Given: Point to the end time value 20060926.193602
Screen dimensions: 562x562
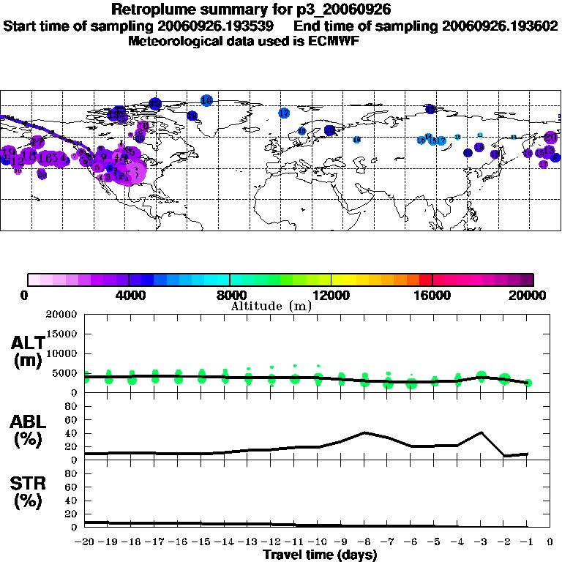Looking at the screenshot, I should pyautogui.click(x=500, y=26).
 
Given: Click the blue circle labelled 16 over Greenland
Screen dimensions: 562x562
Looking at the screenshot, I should pyautogui.click(x=206, y=100).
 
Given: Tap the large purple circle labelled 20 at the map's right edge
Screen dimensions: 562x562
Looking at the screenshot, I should pyautogui.click(x=550, y=137).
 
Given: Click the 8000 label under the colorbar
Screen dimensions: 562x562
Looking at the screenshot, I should pyautogui.click(x=230, y=296).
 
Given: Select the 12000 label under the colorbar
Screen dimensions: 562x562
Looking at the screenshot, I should pyautogui.click(x=331, y=296).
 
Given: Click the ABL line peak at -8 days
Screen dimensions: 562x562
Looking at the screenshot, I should pyautogui.click(x=365, y=432).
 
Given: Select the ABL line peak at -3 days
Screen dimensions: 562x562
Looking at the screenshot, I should pyautogui.click(x=481, y=432).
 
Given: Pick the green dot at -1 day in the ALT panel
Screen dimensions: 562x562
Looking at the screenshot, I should pyautogui.click(x=528, y=383).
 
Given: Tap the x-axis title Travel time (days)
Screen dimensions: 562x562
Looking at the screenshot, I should pyautogui.click(x=320, y=555).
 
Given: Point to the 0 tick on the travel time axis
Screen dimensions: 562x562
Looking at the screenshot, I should pyautogui.click(x=550, y=542).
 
